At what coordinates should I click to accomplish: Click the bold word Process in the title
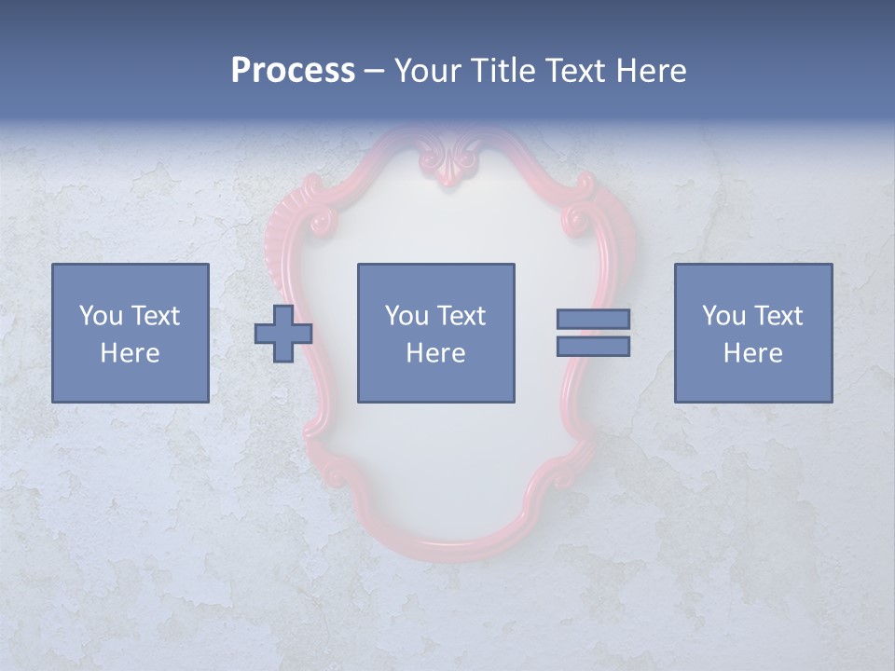(293, 71)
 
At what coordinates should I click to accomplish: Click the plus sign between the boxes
(283, 334)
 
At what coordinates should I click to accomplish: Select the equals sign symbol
(593, 333)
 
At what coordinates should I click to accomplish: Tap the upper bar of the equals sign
(593, 319)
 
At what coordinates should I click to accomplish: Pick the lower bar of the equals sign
(593, 346)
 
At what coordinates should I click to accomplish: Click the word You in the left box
(101, 316)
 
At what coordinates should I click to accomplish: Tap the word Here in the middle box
(436, 353)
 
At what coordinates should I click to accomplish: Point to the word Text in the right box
(778, 316)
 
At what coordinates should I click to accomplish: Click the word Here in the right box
(753, 353)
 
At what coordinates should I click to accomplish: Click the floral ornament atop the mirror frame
(450, 160)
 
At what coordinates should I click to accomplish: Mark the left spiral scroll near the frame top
(323, 222)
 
